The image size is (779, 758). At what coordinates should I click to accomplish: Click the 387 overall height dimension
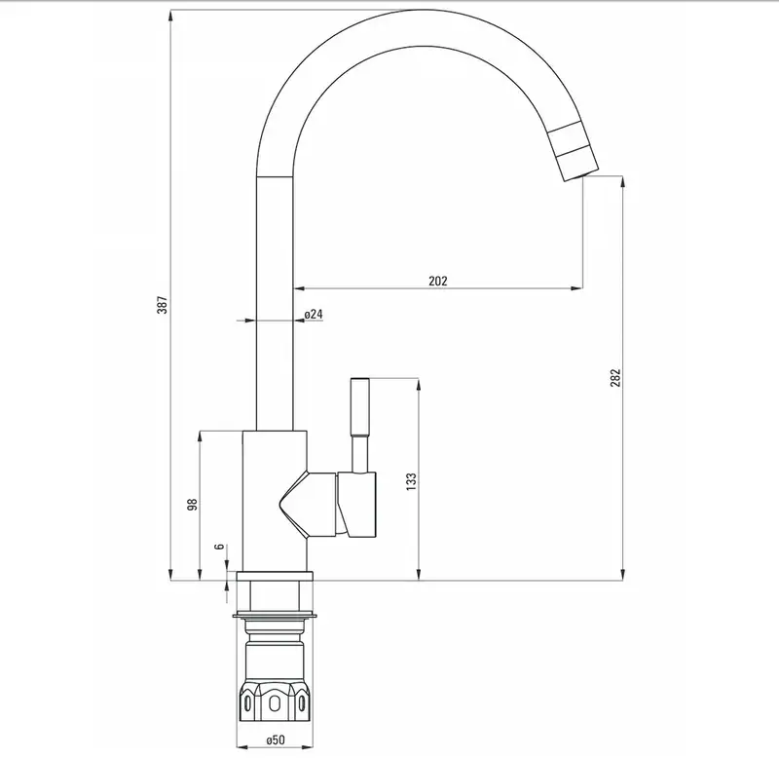click(163, 305)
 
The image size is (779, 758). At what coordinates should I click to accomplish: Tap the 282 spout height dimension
click(615, 378)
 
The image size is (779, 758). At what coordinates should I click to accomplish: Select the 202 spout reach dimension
click(437, 281)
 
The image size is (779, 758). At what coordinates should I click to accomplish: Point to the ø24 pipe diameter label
click(314, 314)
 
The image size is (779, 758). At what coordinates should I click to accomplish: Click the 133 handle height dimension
click(411, 482)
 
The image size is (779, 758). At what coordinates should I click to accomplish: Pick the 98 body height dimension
click(192, 505)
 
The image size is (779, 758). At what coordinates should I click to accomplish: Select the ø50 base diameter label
click(276, 740)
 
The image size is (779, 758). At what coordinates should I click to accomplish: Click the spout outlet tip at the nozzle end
click(581, 174)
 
